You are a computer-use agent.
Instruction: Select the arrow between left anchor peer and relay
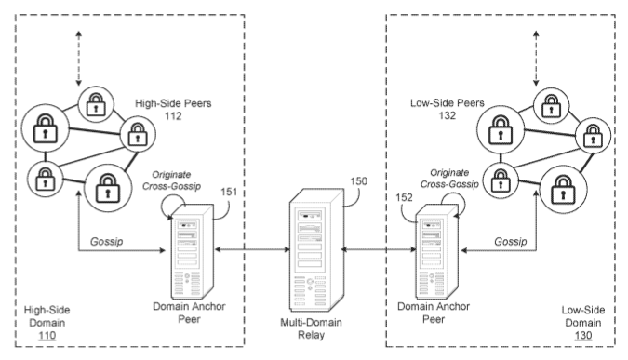[x=252, y=251]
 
